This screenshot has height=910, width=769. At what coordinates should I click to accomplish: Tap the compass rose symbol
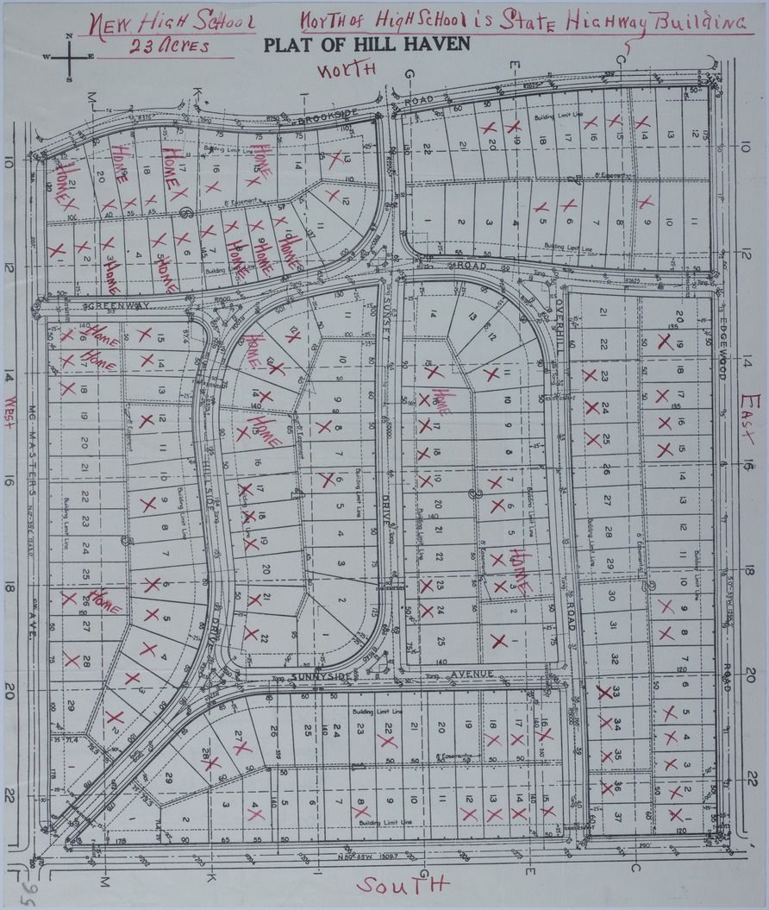[x=68, y=58]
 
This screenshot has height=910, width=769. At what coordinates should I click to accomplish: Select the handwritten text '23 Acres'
[x=168, y=47]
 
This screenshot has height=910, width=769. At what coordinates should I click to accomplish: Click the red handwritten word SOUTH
[x=403, y=885]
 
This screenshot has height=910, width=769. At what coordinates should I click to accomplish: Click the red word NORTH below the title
[x=349, y=71]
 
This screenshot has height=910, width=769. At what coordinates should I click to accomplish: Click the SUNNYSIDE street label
[x=322, y=677]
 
